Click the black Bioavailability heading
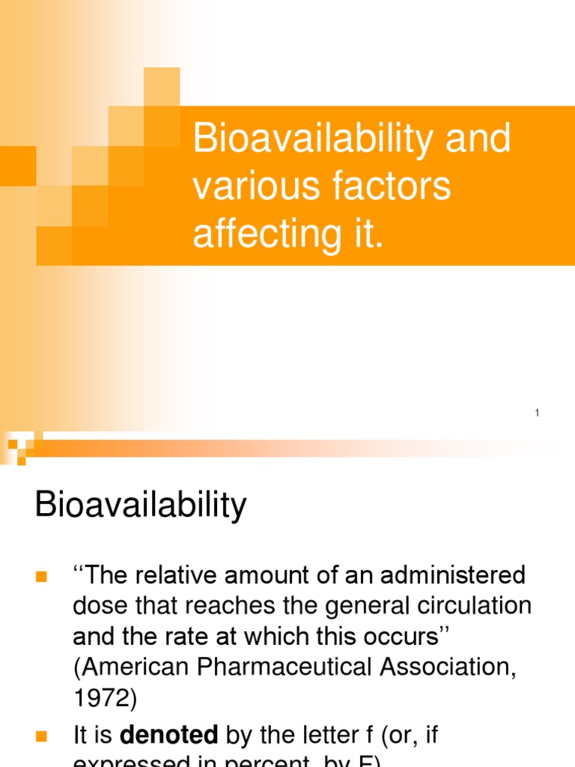[141, 506]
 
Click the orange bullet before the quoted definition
[41, 577]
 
